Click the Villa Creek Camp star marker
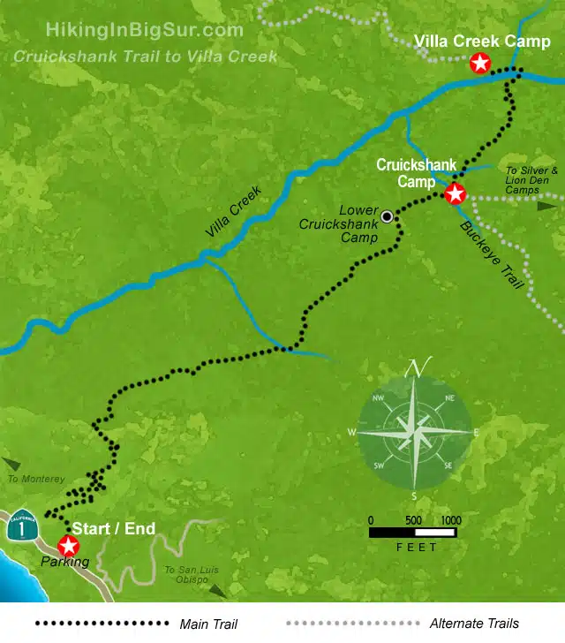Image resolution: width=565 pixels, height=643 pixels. (x=479, y=63)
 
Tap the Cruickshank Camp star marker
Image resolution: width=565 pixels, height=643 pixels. (x=455, y=194)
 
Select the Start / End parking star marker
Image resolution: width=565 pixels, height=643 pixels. (x=67, y=546)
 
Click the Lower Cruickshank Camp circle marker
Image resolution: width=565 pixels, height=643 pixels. (x=387, y=216)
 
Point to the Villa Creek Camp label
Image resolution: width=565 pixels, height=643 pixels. (x=483, y=42)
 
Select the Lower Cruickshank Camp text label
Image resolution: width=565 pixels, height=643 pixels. (x=339, y=224)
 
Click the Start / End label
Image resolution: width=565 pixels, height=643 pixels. (x=113, y=529)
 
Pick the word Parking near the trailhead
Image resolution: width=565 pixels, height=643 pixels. (x=65, y=562)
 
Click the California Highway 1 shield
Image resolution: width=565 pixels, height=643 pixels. (x=21, y=526)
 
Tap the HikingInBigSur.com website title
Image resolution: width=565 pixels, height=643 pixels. (x=144, y=30)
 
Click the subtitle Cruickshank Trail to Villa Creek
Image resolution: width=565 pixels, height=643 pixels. (x=145, y=57)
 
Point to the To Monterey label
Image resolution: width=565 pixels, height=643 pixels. (x=36, y=479)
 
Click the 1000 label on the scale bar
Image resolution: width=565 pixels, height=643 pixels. (x=450, y=519)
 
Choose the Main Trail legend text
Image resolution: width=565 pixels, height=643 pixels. (x=208, y=624)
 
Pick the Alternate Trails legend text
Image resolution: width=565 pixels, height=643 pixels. (x=474, y=624)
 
